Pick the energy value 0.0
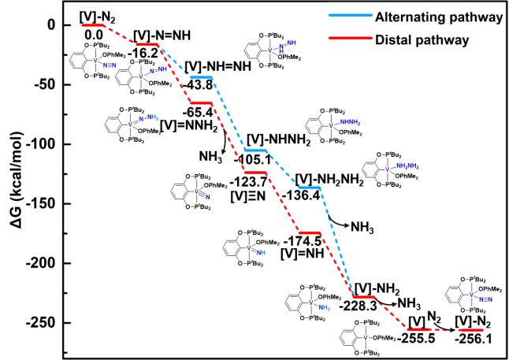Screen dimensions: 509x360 (x=94, y=35)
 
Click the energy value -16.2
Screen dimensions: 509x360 (x=146, y=53)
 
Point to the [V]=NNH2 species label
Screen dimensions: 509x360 (x=188, y=125)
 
